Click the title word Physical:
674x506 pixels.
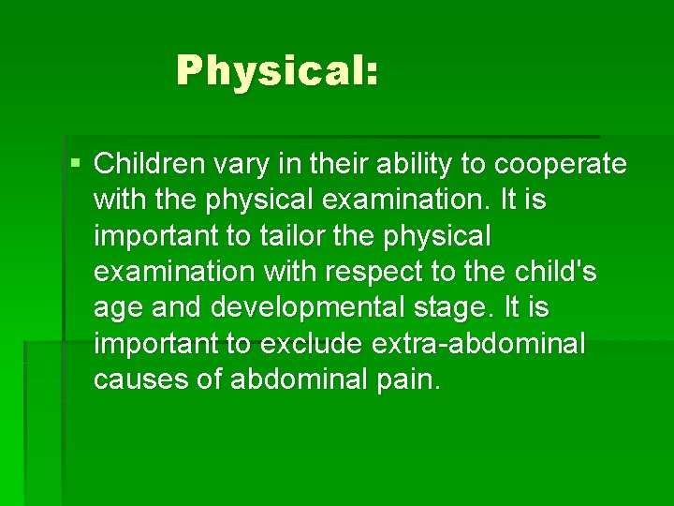[277, 71]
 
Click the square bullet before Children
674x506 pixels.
[75, 164]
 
